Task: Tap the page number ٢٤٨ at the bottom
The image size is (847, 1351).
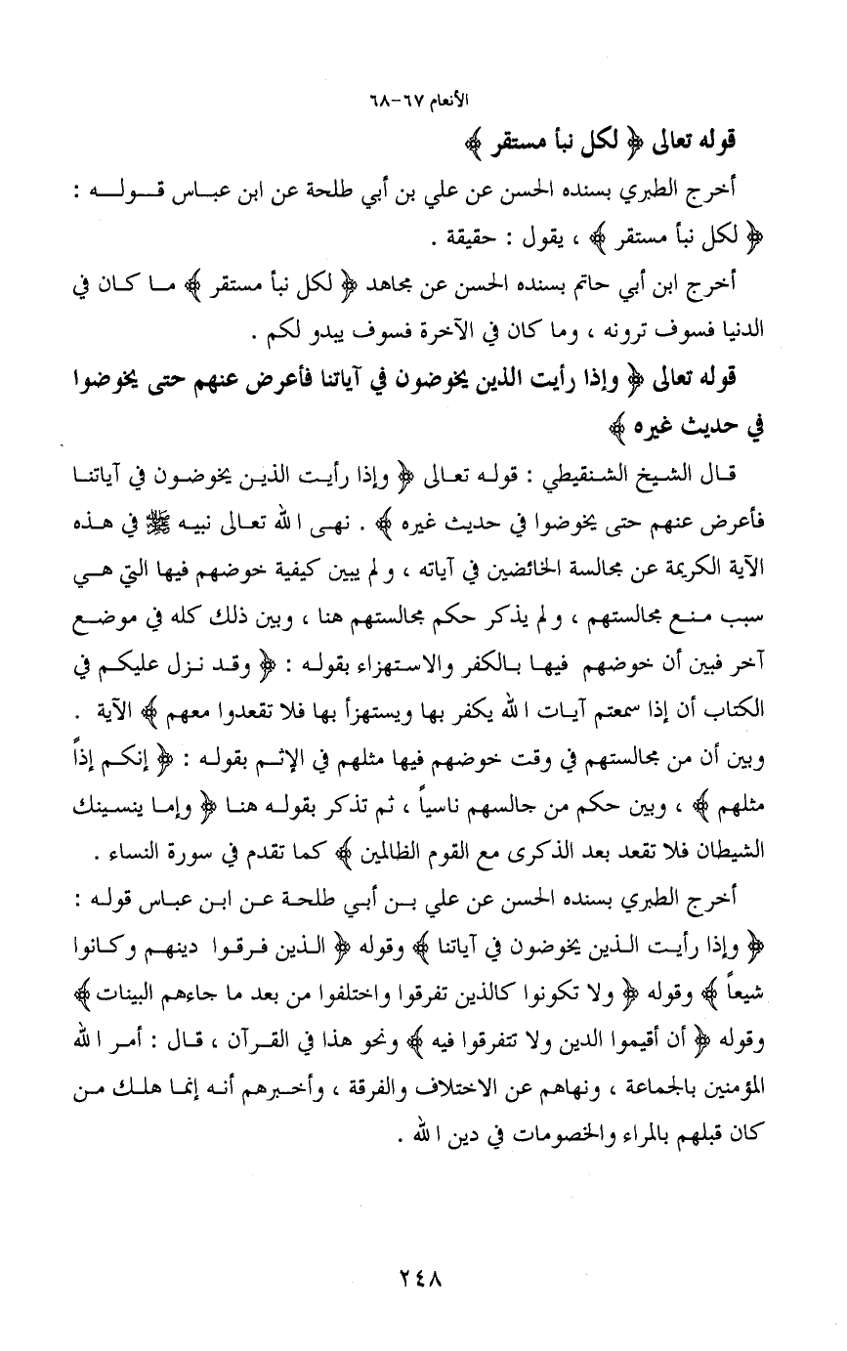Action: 423,1281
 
